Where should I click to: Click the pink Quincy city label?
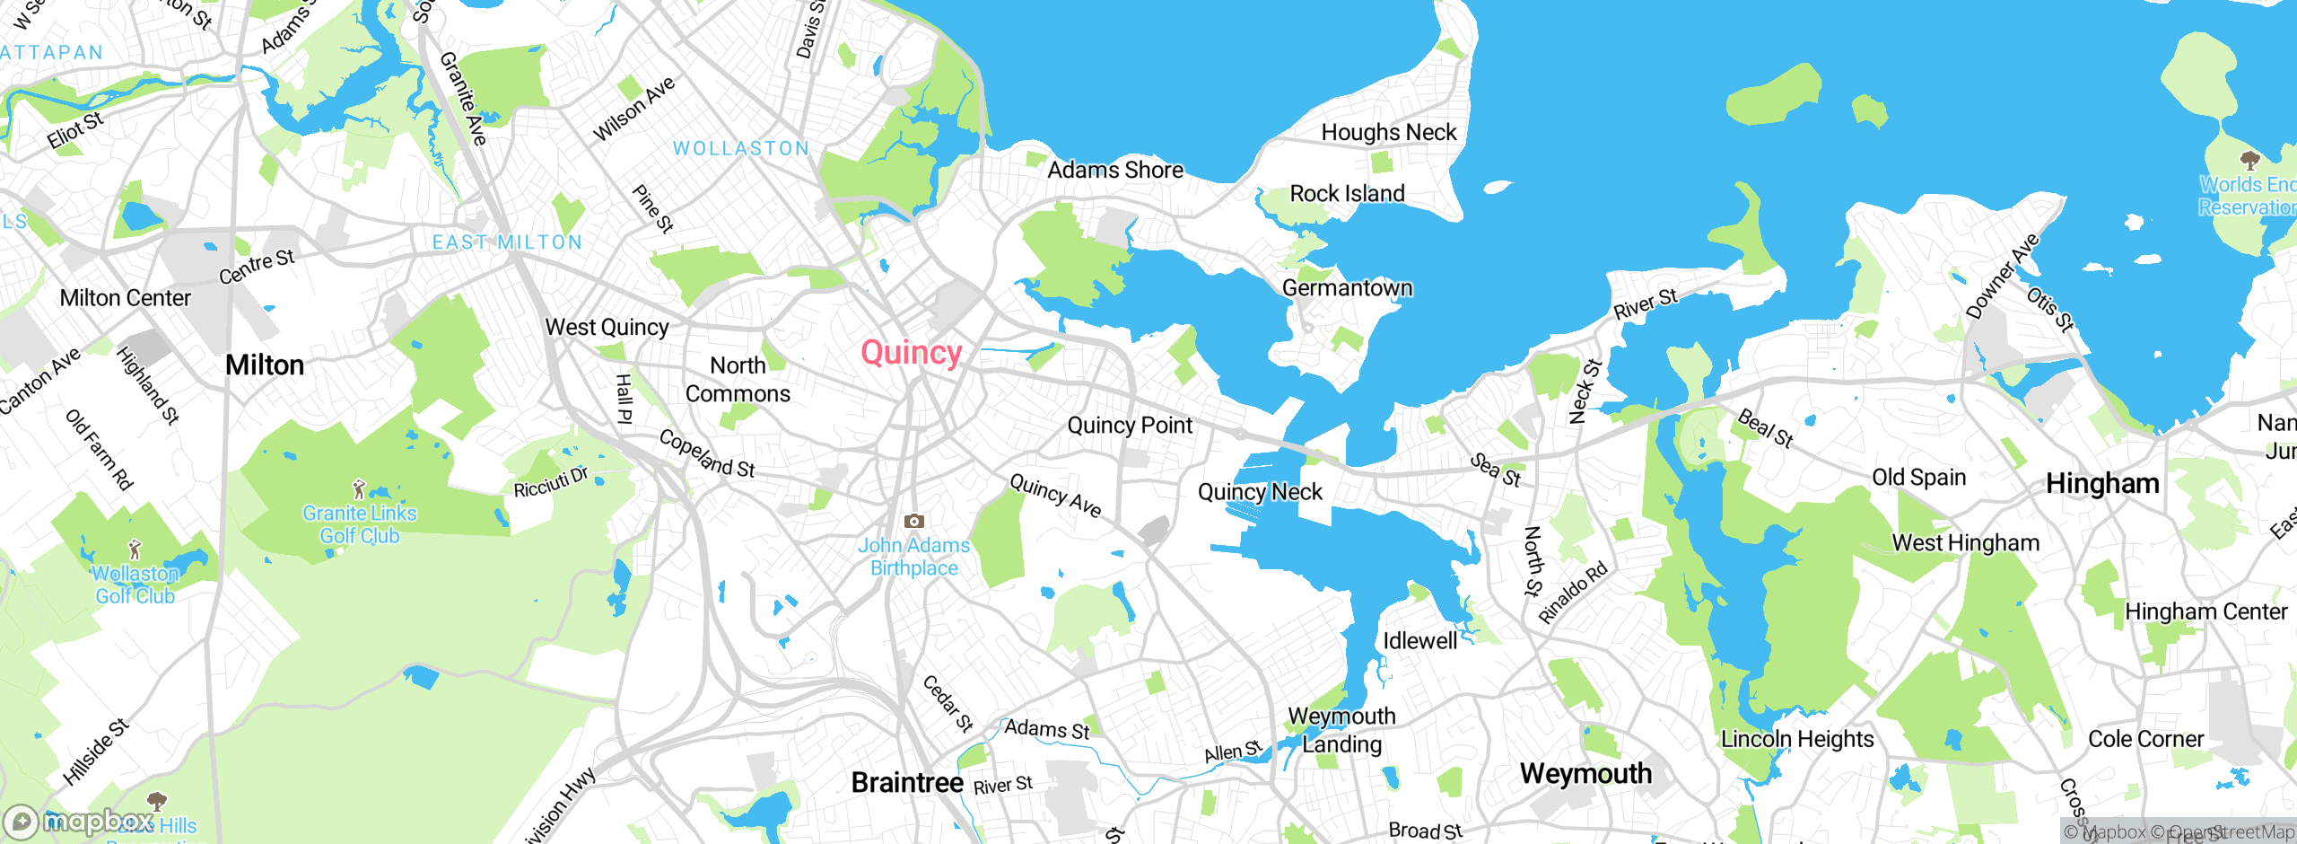(911, 353)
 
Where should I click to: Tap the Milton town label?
(265, 365)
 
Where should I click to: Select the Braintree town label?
(907, 783)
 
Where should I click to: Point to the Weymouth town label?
(1585, 774)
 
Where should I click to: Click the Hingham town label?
(2102, 484)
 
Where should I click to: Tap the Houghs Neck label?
(1388, 133)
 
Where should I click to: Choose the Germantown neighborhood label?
(1347, 288)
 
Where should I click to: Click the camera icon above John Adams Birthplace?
(913, 521)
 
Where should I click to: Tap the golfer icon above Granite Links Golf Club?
(359, 489)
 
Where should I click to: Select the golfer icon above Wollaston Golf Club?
(135, 549)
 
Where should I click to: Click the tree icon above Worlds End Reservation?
(2249, 161)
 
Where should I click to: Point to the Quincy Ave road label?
(1055, 496)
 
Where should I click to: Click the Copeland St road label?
(707, 453)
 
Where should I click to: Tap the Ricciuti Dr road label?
(551, 482)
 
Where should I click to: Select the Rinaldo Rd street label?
(1573, 593)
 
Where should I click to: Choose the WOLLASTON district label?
(741, 149)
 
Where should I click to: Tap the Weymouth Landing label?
(1341, 730)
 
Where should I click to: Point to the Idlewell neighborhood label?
(1419, 641)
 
